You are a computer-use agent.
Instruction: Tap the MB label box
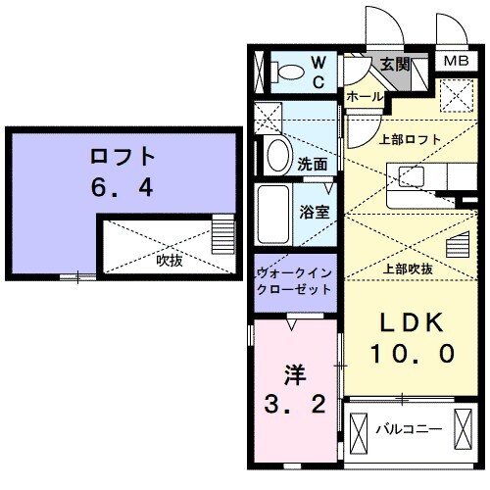[456, 61]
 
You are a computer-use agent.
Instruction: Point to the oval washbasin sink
[275, 155]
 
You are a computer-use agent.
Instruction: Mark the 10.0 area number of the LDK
[412, 353]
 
